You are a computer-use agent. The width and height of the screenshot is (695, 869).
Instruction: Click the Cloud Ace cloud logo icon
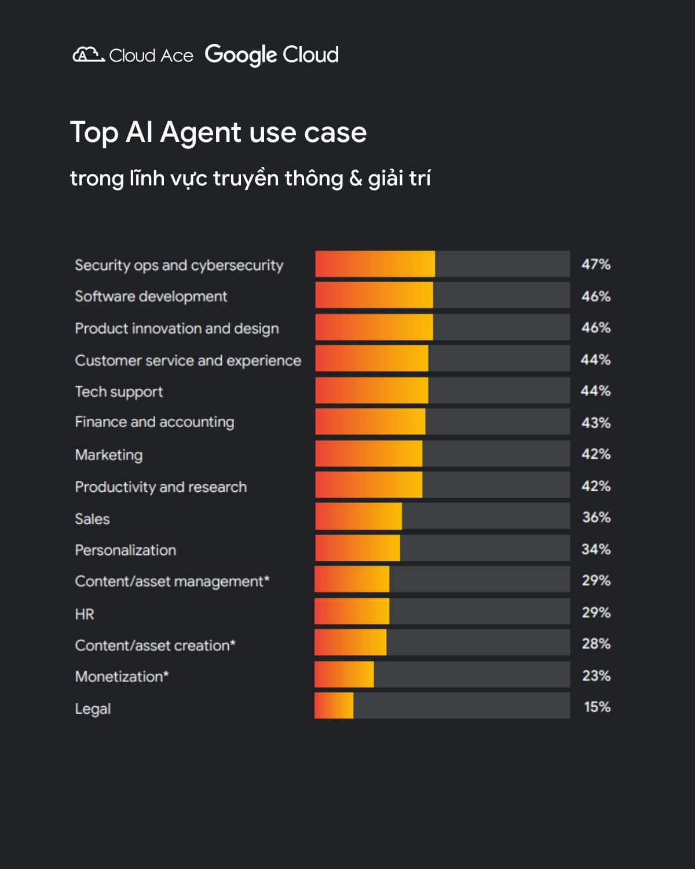pos(88,55)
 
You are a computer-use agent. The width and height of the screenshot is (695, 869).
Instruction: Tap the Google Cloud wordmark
pos(272,55)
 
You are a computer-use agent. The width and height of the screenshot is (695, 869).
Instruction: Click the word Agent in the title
pos(200,133)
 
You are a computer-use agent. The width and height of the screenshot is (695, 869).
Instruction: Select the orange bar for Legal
pos(334,706)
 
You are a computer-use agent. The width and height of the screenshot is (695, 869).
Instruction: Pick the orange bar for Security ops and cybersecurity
pos(375,264)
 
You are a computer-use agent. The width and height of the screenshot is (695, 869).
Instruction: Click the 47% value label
pos(596,265)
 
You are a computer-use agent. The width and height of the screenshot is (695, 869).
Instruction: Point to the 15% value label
pos(597,707)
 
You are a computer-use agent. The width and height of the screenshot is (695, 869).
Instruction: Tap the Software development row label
pos(151,297)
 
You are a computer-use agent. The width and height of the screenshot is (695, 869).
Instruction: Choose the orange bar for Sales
pos(359,516)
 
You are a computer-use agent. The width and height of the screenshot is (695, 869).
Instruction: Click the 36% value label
pos(596,517)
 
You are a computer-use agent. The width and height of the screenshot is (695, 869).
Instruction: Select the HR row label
pos(85,614)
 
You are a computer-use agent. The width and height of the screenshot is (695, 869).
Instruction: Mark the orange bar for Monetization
pos(344,674)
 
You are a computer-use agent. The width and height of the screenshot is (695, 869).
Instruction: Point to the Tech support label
pos(119,392)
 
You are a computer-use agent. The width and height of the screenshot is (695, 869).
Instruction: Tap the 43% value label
pos(596,423)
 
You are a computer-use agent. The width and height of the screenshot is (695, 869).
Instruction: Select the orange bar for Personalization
pos(357,548)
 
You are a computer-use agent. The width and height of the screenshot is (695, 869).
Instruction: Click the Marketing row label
pos(109,455)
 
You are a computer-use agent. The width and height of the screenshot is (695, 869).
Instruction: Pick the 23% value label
pos(596,676)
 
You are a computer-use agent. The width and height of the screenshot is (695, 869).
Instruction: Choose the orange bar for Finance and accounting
pos(370,422)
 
